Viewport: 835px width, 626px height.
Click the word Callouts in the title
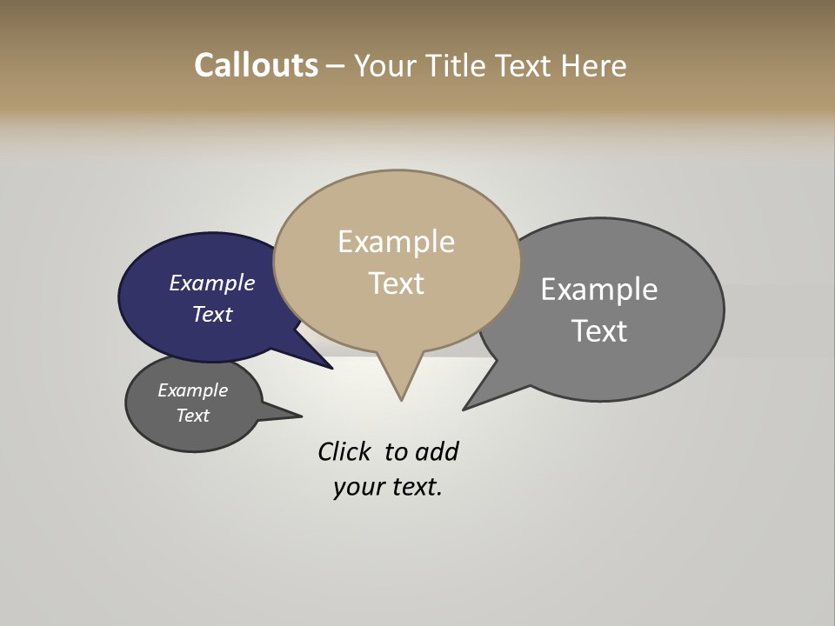256,66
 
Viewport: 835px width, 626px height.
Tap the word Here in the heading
594,66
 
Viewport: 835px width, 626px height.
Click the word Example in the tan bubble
396,242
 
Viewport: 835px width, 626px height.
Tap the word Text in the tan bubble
397,283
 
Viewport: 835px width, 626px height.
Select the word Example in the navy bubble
211,283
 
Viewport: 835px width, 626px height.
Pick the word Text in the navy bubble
212,314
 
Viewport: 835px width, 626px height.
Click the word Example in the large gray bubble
598,290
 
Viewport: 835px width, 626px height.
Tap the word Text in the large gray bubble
599,331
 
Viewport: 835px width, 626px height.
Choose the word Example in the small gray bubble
192,390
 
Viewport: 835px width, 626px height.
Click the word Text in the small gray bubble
193,416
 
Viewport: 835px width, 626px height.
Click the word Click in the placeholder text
344,452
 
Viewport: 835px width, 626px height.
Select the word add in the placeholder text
437,452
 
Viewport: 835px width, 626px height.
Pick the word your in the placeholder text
356,487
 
